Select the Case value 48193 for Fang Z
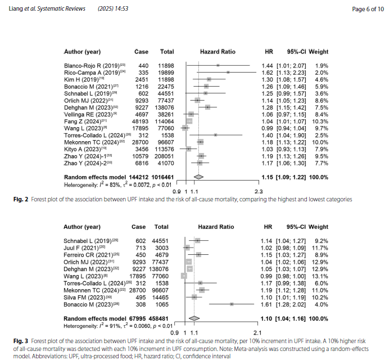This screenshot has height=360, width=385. pyautogui.click(x=139, y=121)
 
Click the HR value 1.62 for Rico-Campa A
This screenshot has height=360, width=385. pyautogui.click(x=267, y=73)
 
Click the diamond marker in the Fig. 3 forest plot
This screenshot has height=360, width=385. pyautogui.click(x=194, y=318)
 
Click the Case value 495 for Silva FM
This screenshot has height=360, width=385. pyautogui.click(x=142, y=297)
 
